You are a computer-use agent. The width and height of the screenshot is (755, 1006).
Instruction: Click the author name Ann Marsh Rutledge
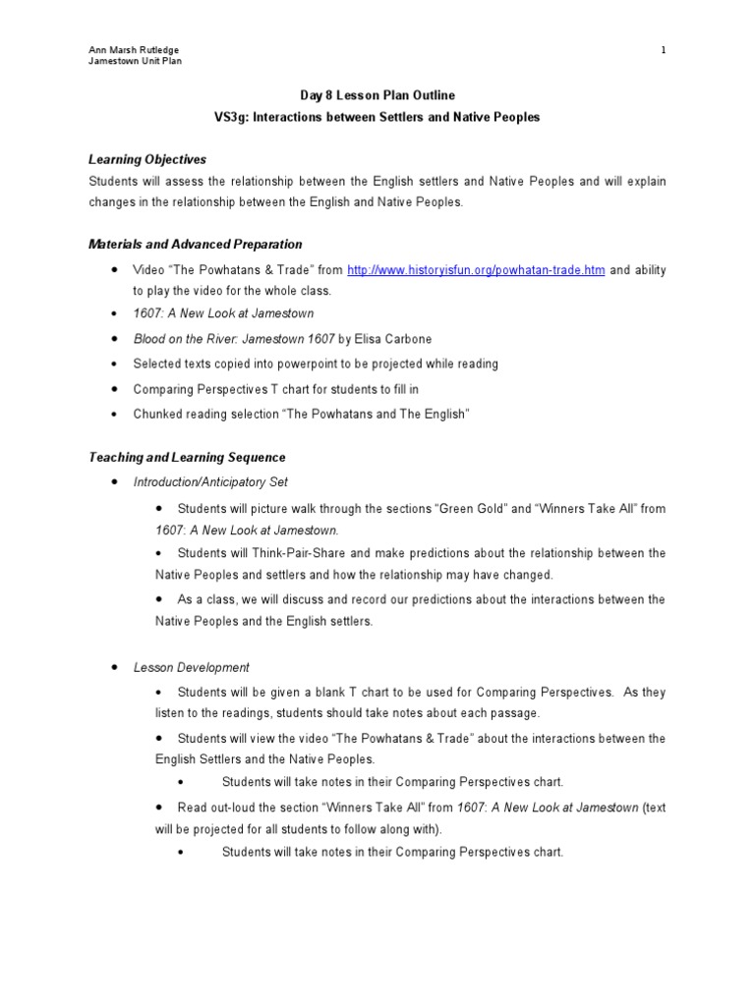pos(134,50)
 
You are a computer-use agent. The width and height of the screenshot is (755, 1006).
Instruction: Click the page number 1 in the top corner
pos(663,50)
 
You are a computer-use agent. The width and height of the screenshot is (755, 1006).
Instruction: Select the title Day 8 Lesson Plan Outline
pos(377,95)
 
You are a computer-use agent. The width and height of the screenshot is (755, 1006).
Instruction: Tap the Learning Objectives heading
pos(147,159)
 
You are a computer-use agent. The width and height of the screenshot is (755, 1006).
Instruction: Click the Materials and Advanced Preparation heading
pos(196,244)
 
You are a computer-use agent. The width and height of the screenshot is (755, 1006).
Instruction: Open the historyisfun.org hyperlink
pos(476,270)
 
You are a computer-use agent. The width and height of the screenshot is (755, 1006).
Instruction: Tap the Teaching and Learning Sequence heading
pos(187,457)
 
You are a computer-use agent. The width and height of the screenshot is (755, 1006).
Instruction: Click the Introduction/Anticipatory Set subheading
pos(210,481)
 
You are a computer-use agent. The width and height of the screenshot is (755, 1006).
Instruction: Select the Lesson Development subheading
pos(192,667)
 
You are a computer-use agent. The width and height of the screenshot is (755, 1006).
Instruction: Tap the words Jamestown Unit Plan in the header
pos(135,62)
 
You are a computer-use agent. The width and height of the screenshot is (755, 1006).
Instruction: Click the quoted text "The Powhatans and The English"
pos(377,415)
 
